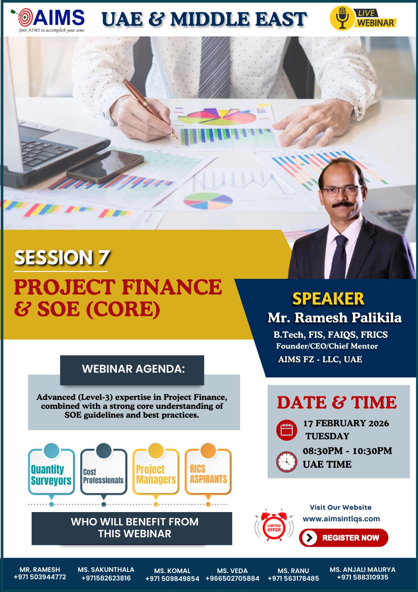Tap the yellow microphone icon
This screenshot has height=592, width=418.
(x=342, y=18)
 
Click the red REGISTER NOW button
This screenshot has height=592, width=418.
(x=344, y=538)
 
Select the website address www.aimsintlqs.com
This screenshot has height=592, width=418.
(x=341, y=518)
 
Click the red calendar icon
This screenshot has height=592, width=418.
(x=286, y=430)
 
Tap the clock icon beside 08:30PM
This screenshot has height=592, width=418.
(x=286, y=462)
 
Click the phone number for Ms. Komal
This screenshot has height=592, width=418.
(x=172, y=578)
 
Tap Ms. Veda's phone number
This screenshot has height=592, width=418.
(x=232, y=578)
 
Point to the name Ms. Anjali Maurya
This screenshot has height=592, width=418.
(x=363, y=569)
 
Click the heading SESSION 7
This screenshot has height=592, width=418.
(x=62, y=258)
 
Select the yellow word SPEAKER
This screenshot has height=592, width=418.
(x=328, y=299)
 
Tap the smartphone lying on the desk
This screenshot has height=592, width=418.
(x=105, y=166)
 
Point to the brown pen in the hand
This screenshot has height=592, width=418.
(x=150, y=109)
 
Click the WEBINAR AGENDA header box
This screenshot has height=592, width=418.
(x=132, y=370)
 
